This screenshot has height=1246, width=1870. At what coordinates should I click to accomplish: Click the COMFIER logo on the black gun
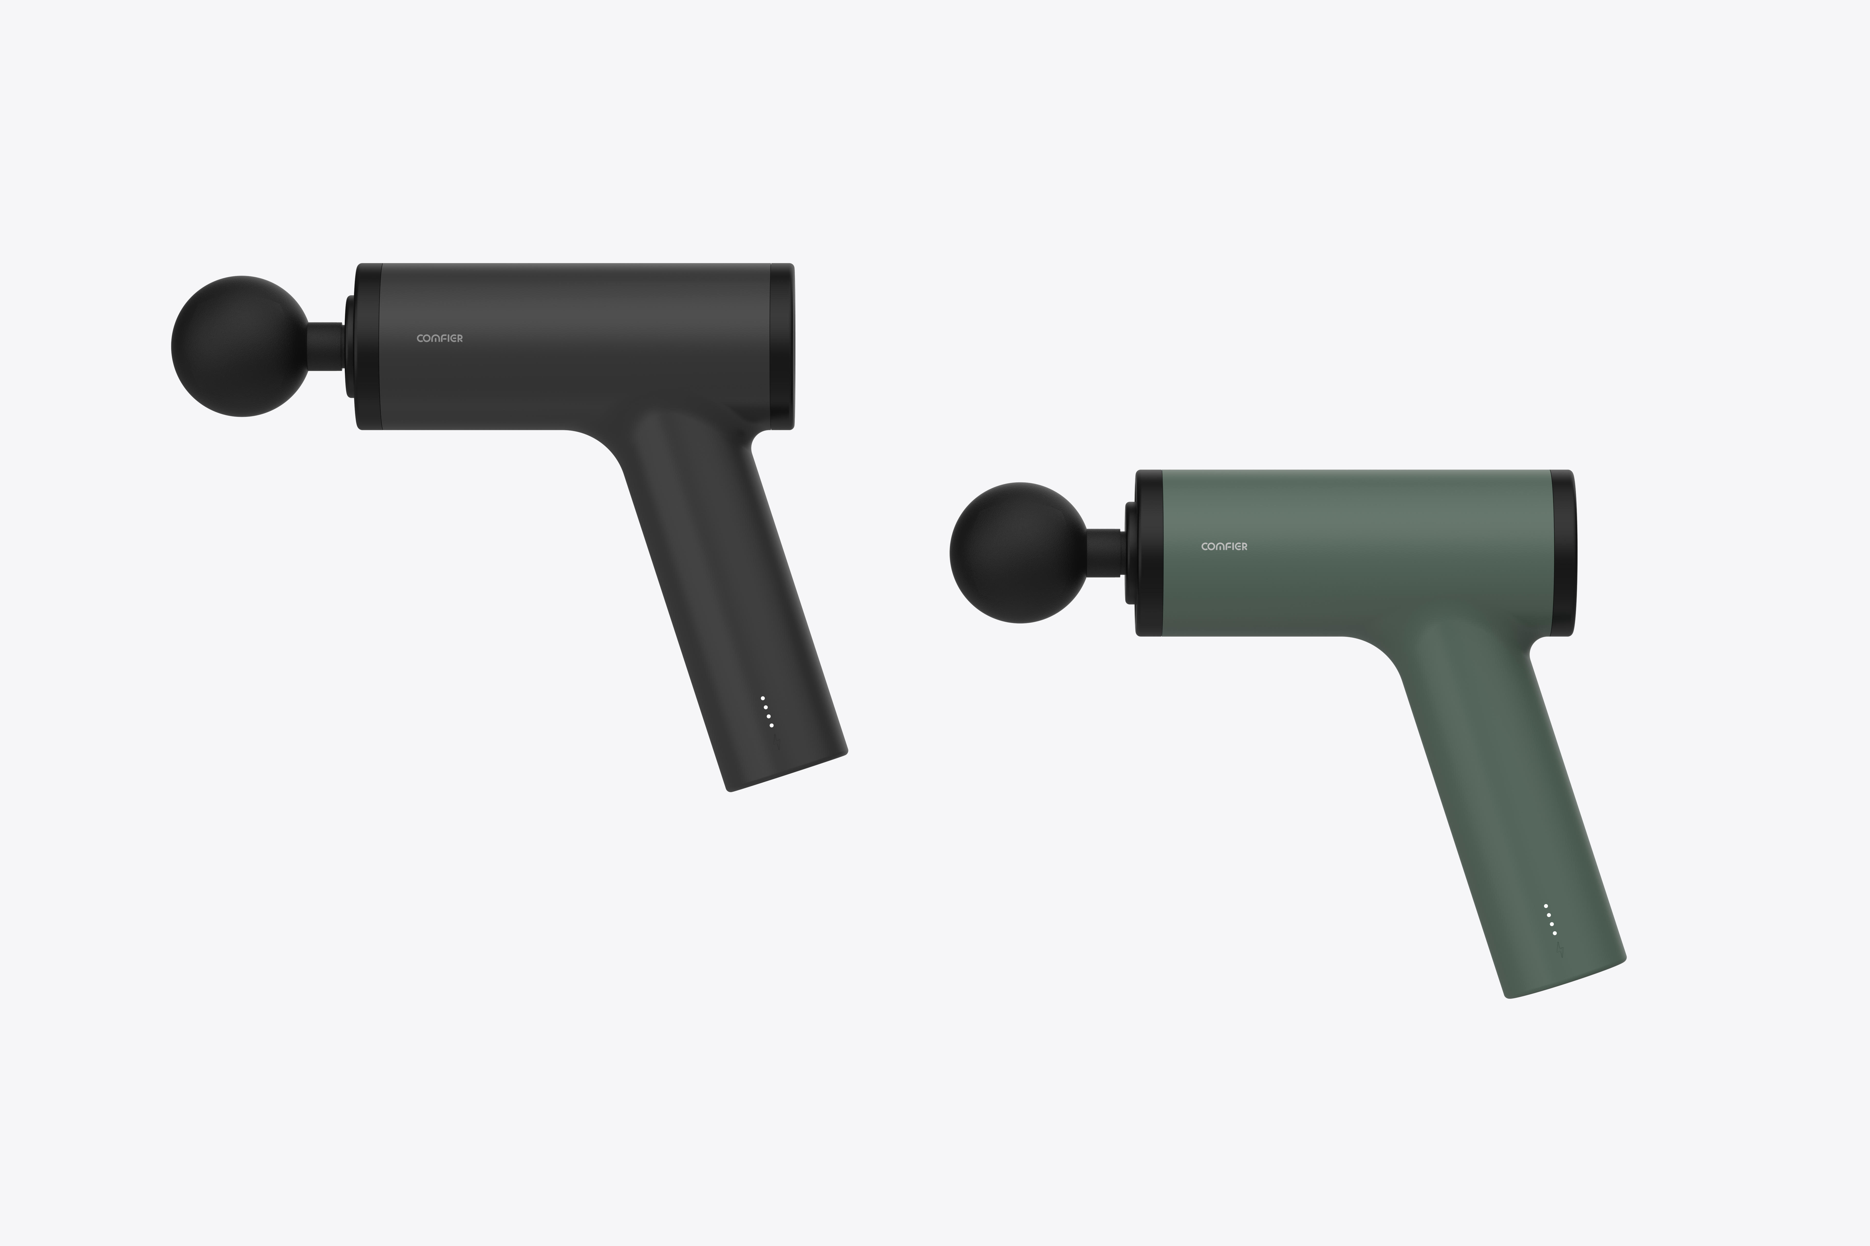440,339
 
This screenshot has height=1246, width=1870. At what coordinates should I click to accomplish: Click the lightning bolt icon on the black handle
777,744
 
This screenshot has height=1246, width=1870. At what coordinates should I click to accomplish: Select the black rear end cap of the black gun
782,347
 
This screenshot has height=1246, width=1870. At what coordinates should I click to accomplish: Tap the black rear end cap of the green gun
1561,553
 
